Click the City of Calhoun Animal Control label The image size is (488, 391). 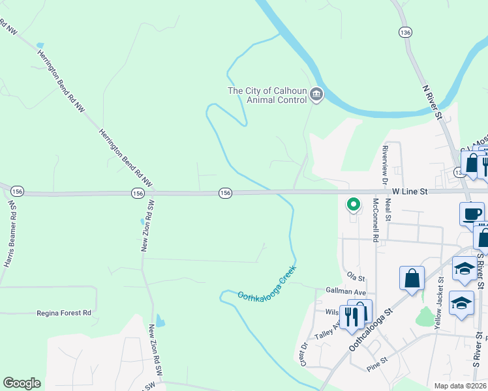267,95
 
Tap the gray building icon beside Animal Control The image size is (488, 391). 316,95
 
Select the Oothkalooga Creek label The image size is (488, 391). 267,283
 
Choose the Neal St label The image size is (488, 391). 388,210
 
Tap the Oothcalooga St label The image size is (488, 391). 373,330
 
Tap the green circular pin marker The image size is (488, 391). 354,205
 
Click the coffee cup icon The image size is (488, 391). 471,213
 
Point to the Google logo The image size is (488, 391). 22,383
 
